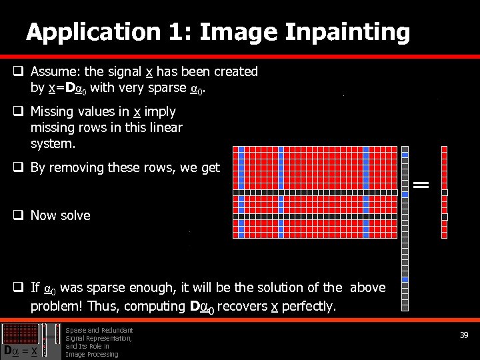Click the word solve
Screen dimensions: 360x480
[75, 215]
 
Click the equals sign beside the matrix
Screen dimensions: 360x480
[421, 184]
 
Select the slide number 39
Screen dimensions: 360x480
[464, 335]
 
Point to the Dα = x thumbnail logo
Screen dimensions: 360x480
[24, 341]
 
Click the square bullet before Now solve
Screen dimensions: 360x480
[19, 215]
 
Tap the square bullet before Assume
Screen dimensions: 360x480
[19, 71]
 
